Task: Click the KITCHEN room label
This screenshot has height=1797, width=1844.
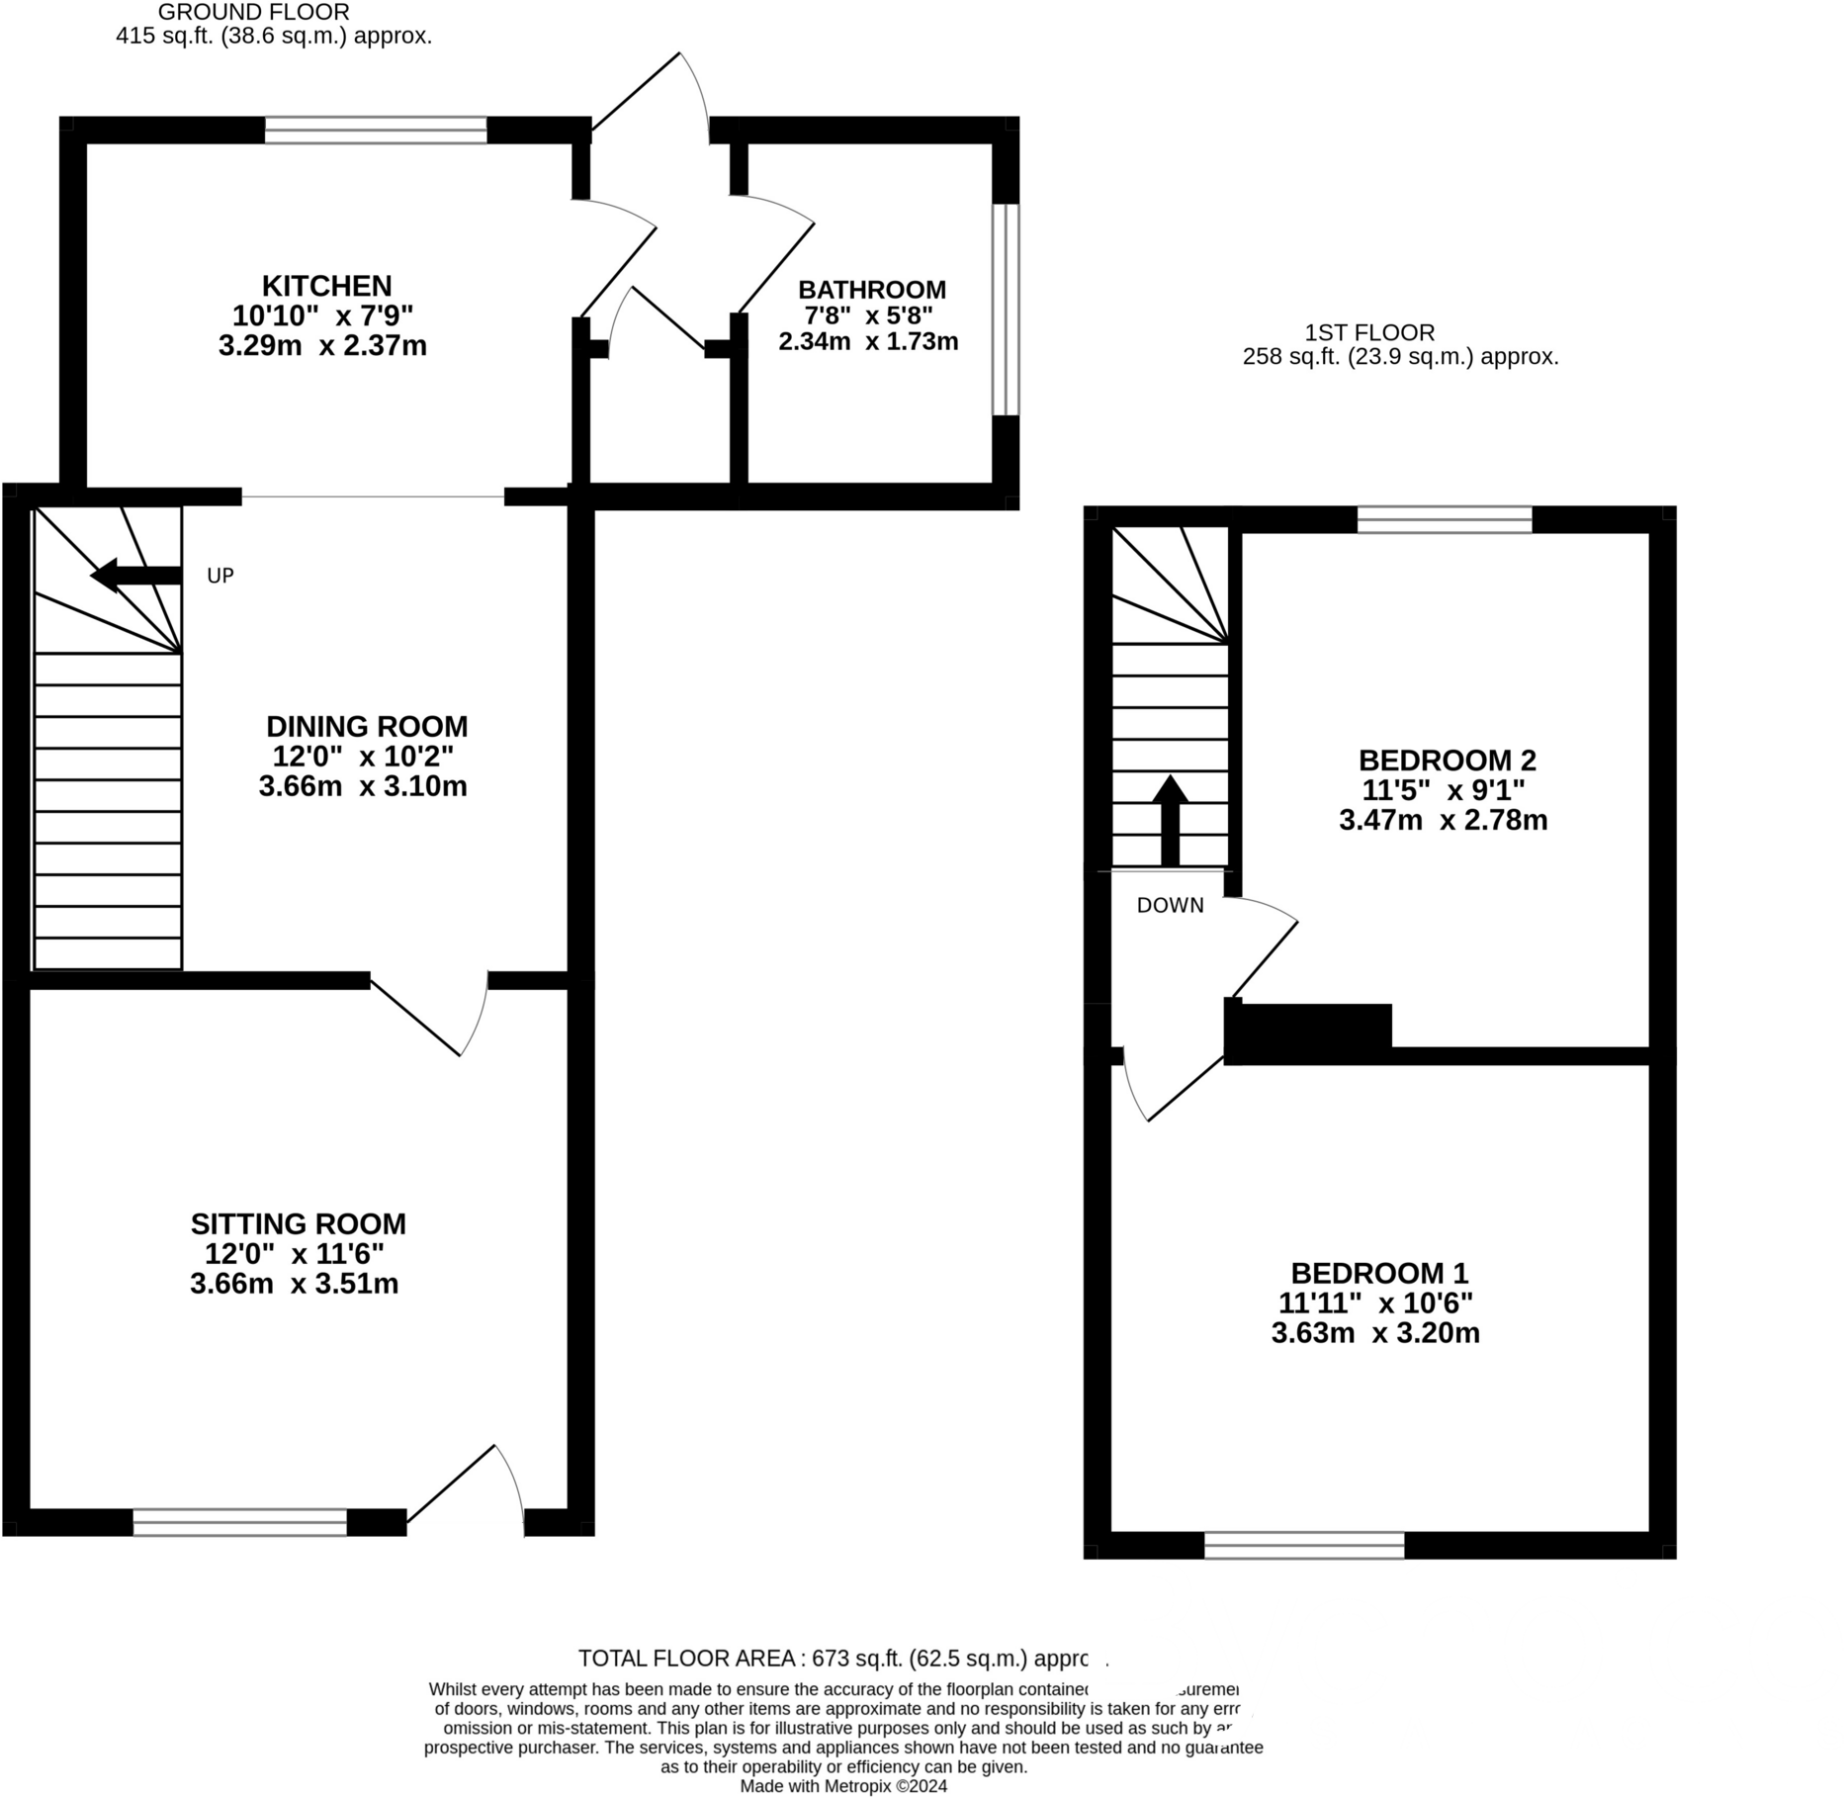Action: coord(326,286)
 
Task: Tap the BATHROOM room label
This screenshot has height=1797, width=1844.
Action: coord(871,290)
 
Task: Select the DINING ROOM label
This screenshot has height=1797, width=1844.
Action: coord(367,727)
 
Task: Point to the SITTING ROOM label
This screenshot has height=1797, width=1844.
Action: coord(298,1224)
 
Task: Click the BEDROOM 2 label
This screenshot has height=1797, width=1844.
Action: coord(1447,761)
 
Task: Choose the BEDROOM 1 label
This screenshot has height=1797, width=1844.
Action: coord(1379,1273)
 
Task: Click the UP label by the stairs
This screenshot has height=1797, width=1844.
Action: coord(220,576)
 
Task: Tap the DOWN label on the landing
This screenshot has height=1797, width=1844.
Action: coord(1170,905)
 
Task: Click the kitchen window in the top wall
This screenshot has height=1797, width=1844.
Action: coord(376,131)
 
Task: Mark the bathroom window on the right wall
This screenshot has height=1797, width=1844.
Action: coord(1005,310)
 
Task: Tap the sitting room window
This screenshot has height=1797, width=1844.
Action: coord(240,1522)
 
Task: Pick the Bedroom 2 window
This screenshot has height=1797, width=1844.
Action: coord(1445,519)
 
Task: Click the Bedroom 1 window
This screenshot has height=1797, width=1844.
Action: coord(1304,1545)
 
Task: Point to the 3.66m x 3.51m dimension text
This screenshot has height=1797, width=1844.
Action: coord(295,1284)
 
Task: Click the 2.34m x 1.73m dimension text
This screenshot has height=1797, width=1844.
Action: coord(868,342)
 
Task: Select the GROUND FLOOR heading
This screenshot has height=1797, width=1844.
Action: coord(254,13)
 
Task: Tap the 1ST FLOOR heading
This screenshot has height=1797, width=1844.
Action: coord(1369,332)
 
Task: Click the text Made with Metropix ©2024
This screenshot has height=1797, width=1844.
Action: coord(843,1786)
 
